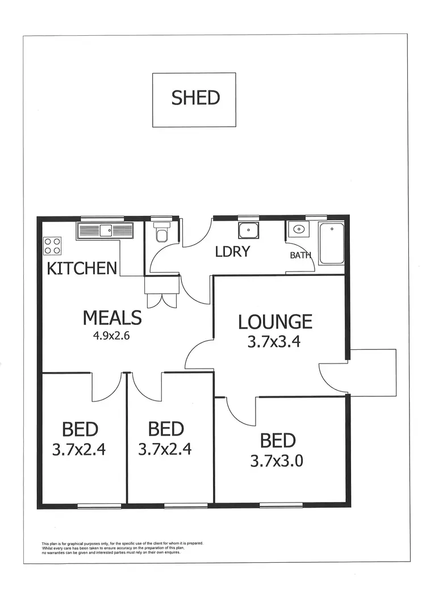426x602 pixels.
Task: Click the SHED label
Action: coord(195,98)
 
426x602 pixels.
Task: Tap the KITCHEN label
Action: coord(82,268)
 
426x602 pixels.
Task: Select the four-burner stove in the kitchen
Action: coord(53,245)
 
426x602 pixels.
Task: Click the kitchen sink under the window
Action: coord(105,230)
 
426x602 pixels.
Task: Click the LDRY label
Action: coord(232,252)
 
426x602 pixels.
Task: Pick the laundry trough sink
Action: coord(248,231)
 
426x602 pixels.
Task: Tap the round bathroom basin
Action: coord(298,230)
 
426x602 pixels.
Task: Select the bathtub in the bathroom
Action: coord(331,244)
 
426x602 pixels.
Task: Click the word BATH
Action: coord(301,255)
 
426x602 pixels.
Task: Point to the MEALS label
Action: coord(112,317)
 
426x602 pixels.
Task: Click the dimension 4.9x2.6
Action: coord(112,335)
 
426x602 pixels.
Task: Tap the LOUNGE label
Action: coord(275,321)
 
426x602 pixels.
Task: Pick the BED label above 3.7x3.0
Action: coord(278,441)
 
